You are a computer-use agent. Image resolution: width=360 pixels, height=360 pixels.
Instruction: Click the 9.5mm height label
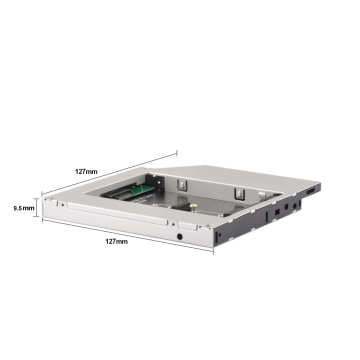24,208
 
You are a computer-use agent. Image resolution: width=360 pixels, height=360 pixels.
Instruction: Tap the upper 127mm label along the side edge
86,171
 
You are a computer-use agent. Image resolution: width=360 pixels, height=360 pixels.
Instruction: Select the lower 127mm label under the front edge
116,241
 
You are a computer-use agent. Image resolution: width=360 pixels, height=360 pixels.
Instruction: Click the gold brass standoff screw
193,207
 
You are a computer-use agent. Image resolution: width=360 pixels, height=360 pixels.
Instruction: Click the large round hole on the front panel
180,236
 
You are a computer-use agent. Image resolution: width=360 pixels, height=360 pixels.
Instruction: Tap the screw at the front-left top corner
52,198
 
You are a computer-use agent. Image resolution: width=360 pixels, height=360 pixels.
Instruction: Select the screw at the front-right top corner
208,226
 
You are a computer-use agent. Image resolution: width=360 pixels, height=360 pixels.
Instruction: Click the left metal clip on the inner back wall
182,185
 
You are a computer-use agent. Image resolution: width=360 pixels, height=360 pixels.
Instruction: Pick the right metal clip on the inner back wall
239,194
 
